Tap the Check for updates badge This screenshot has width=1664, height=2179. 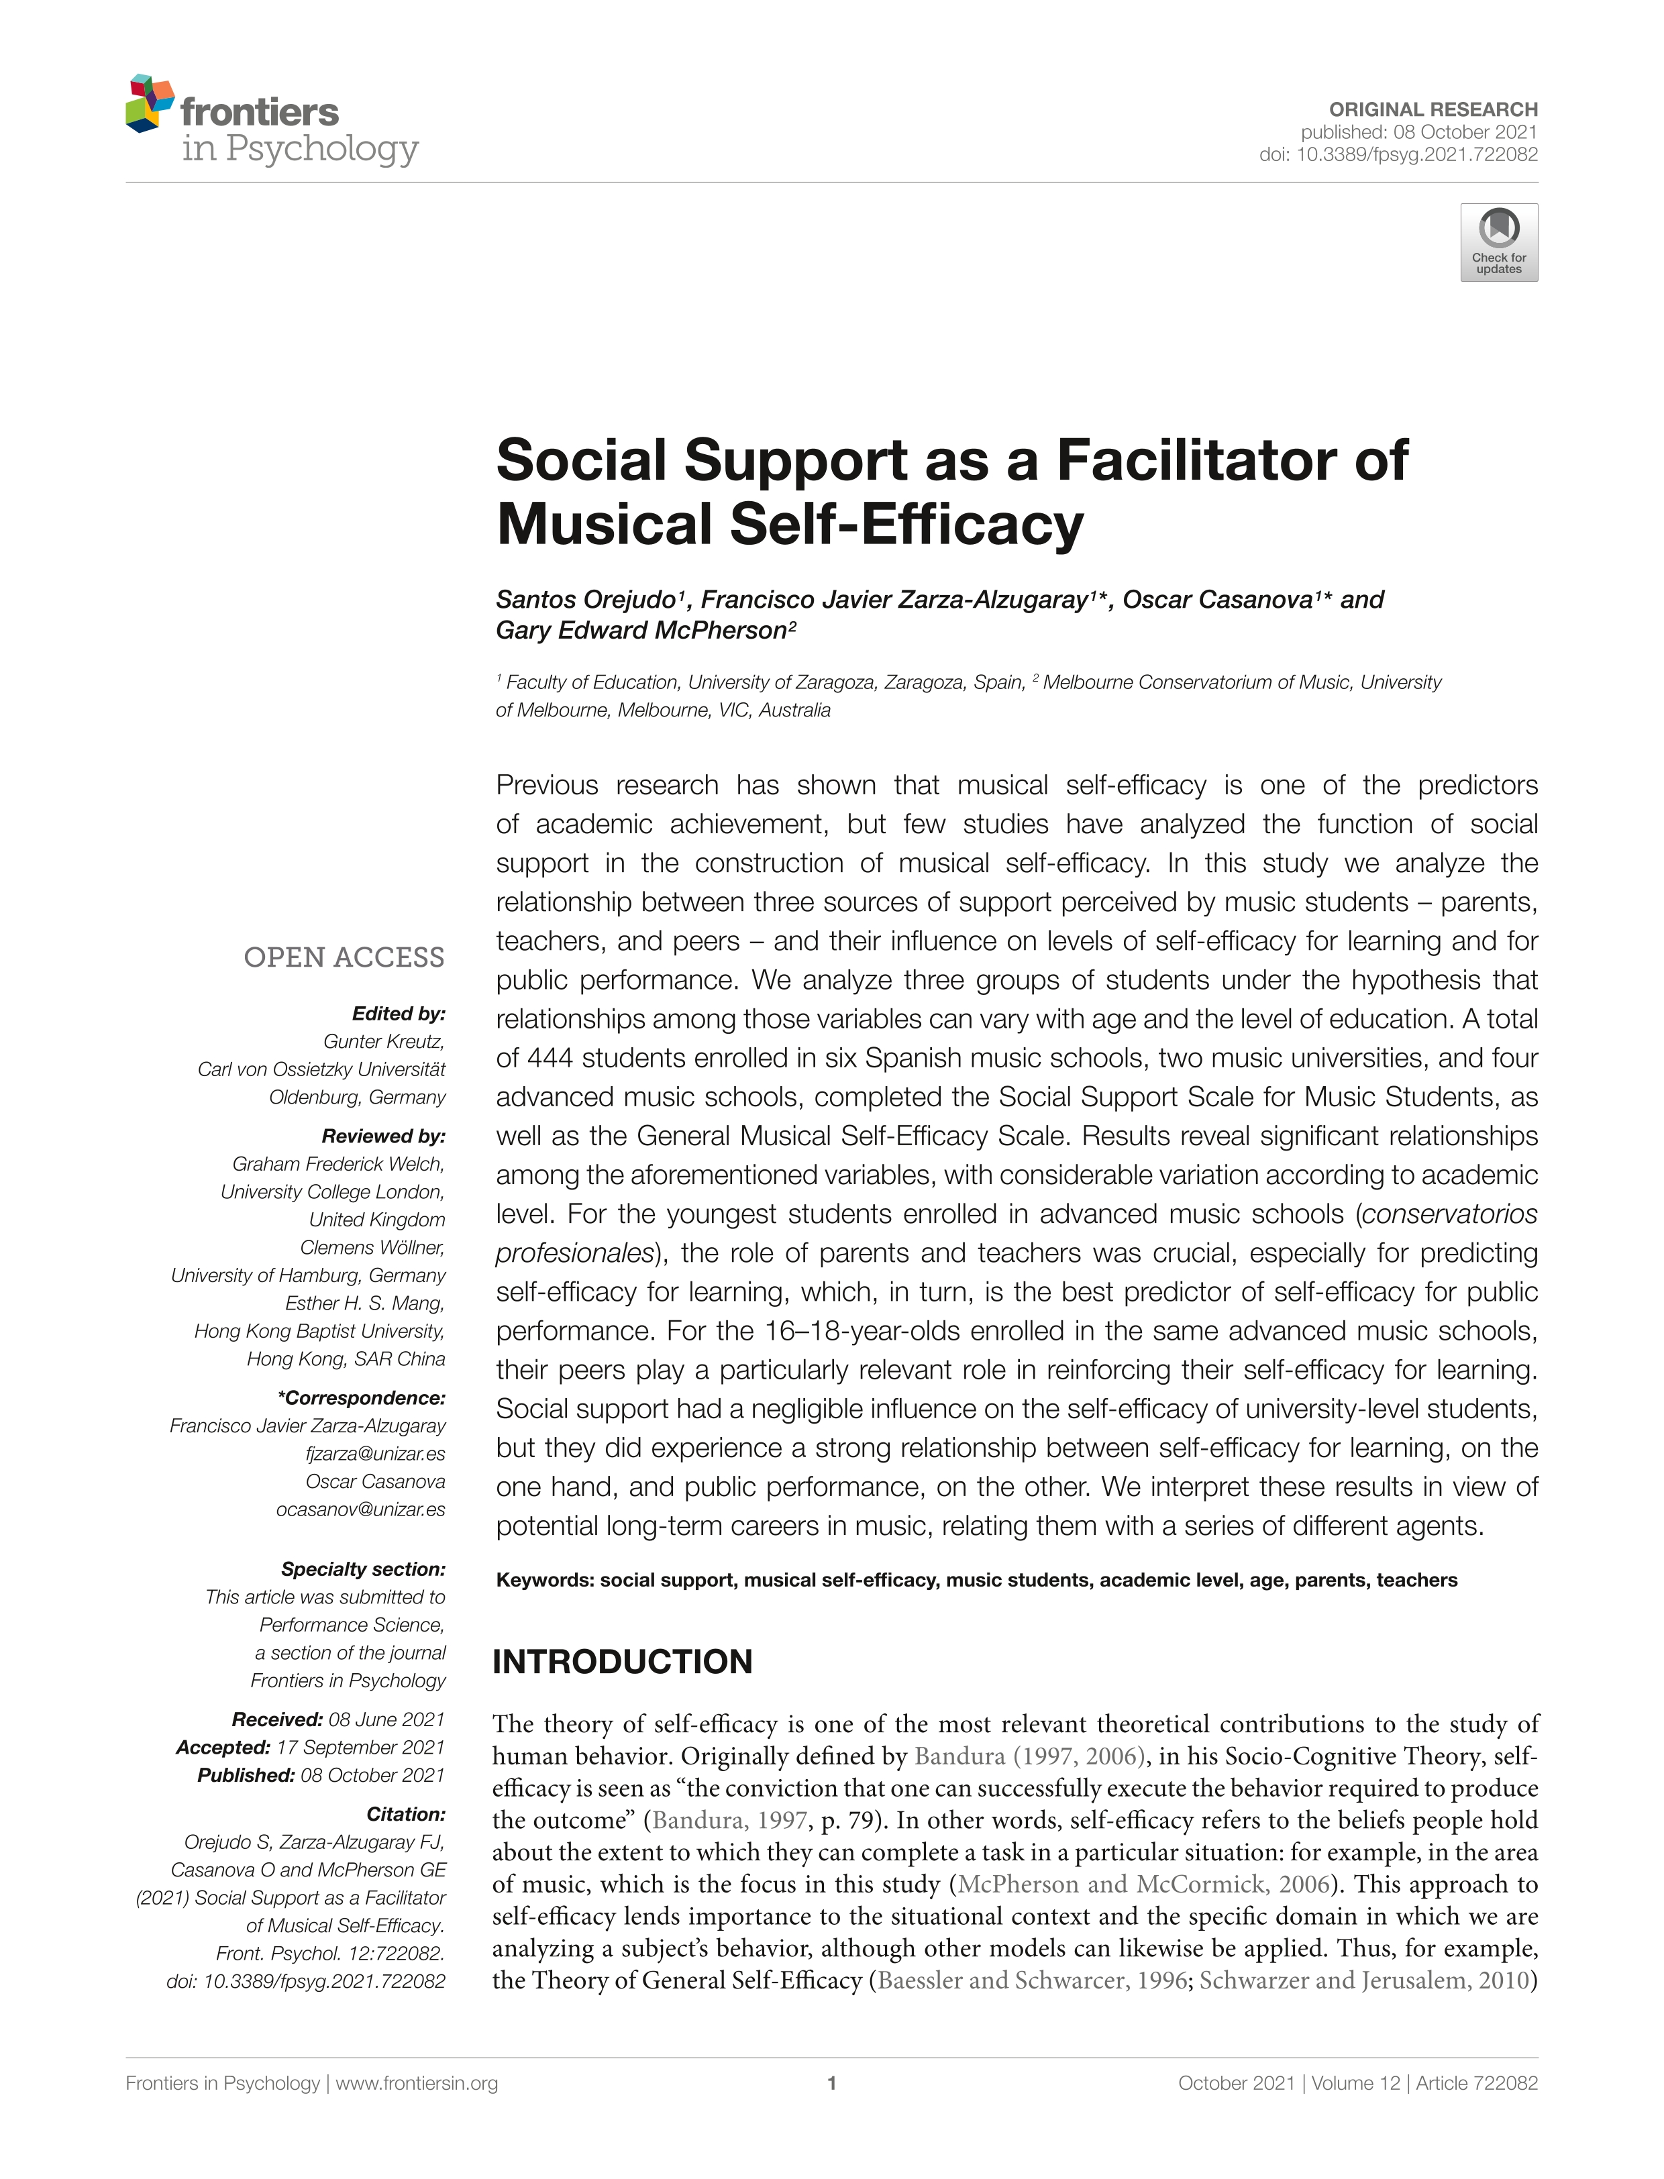click(x=1498, y=243)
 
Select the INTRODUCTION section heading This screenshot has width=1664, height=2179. click(x=622, y=1662)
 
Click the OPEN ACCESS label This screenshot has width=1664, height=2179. click(x=344, y=958)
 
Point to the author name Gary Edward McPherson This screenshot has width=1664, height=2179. click(x=640, y=631)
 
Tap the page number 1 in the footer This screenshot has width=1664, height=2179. click(x=832, y=2083)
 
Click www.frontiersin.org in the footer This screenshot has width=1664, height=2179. click(x=416, y=2083)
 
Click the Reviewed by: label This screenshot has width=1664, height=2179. click(x=383, y=1136)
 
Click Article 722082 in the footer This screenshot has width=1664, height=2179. click(x=1477, y=2083)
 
